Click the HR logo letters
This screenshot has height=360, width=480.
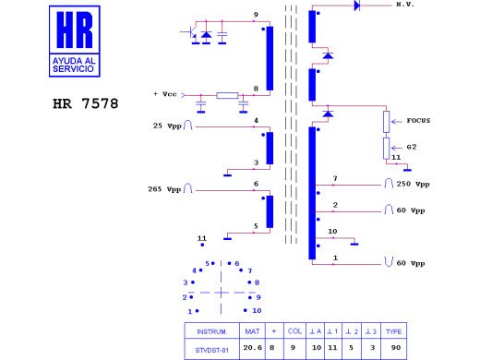75,30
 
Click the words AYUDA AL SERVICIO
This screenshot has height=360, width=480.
74,65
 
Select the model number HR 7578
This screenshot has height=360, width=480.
86,103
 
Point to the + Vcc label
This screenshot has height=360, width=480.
165,94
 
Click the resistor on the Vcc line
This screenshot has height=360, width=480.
227,95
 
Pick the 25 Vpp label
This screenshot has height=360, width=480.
167,126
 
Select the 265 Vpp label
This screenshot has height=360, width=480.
164,189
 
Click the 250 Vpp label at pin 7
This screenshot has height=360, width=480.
413,184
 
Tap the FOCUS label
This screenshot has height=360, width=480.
418,121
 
